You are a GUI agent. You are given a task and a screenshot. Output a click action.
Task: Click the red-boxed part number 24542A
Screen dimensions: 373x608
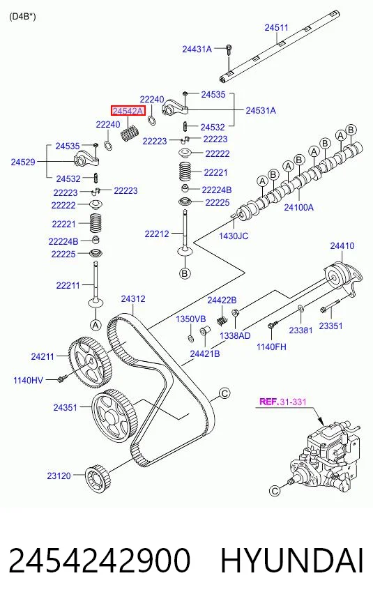[x=128, y=112]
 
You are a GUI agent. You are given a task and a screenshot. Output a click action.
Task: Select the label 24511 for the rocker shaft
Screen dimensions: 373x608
[x=277, y=27]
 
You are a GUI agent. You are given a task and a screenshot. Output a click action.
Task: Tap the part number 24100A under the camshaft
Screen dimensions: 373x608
[x=298, y=208]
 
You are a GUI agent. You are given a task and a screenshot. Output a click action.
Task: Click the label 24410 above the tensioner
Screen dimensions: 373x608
[x=342, y=246]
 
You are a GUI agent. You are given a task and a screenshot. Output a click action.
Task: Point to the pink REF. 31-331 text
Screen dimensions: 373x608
[x=282, y=402]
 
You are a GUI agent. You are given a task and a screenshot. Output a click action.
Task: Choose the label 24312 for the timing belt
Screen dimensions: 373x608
[x=133, y=299]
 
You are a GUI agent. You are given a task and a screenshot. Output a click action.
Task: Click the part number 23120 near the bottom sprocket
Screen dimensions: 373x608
[x=59, y=476]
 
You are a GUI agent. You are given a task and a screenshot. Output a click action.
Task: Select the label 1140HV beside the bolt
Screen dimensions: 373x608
[x=28, y=381]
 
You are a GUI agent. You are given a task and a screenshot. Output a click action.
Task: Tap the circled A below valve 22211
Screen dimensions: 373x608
[x=96, y=325]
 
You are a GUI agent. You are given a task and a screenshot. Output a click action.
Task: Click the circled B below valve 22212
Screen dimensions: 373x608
[x=185, y=273]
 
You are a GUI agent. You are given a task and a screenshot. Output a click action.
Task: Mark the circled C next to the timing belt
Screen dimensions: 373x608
[x=224, y=393]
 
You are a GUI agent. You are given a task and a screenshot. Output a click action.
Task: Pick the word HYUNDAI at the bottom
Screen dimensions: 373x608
[x=292, y=561]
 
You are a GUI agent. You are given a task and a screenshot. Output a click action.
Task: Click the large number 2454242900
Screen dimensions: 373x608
[x=100, y=561]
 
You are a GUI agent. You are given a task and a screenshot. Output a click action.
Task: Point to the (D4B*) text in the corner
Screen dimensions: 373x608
[x=22, y=17]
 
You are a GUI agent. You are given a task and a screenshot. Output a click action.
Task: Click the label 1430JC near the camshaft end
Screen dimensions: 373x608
[x=234, y=236]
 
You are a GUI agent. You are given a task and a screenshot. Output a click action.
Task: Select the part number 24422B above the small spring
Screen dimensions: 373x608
[x=222, y=300]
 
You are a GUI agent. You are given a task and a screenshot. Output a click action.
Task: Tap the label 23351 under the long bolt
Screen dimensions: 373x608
[x=330, y=326]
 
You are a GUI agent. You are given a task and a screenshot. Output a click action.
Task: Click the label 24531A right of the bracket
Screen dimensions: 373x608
[x=261, y=110]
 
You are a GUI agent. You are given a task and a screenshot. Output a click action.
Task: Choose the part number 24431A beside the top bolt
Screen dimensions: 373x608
[x=197, y=50]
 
